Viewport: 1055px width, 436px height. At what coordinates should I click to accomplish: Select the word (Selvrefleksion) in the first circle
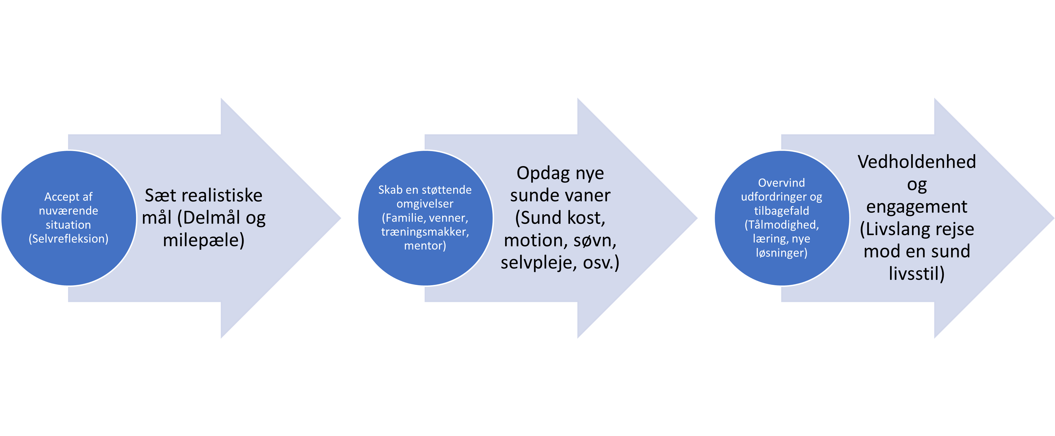pyautogui.click(x=68, y=239)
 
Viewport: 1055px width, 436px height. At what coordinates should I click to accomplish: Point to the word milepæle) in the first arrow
pyautogui.click(x=204, y=240)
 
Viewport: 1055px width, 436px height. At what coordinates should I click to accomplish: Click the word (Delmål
pyautogui.click(x=209, y=218)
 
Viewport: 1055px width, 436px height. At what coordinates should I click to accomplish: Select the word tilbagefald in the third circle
pyautogui.click(x=781, y=211)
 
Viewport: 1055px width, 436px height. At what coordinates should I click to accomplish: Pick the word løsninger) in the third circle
pyautogui.click(x=781, y=253)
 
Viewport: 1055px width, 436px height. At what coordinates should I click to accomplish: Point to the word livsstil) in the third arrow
pyautogui.click(x=917, y=274)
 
